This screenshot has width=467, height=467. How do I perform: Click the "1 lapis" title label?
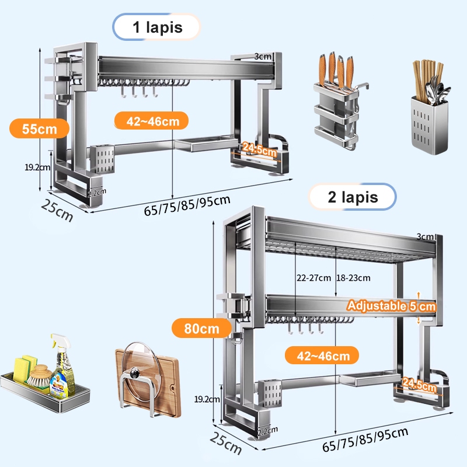pyautogui.click(x=156, y=27)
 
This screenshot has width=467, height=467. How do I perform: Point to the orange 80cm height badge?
pyautogui.click(x=196, y=328)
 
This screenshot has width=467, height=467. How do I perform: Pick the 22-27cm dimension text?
pyautogui.click(x=313, y=278)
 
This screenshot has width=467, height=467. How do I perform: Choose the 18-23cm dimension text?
pyautogui.click(x=353, y=278)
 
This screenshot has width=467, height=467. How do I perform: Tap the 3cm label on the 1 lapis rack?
pyautogui.click(x=263, y=57)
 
